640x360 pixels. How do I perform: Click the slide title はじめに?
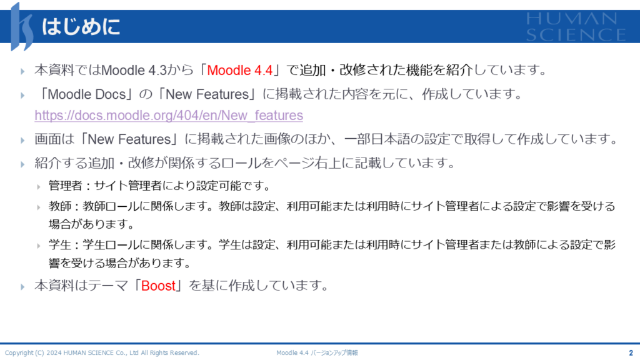(81, 26)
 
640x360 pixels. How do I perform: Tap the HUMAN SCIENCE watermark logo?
(576, 26)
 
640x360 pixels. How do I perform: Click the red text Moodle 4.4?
(239, 70)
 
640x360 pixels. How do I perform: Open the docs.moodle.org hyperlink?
(169, 116)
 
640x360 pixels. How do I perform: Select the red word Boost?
(158, 286)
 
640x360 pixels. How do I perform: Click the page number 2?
(631, 352)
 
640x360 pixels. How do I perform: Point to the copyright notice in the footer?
(102, 352)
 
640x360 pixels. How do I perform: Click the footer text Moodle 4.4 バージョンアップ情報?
(317, 352)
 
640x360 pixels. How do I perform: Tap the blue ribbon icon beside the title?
(22, 27)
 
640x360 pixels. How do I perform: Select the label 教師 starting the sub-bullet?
(60, 206)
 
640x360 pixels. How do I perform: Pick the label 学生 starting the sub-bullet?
(60, 245)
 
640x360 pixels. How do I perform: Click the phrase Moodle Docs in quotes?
(87, 94)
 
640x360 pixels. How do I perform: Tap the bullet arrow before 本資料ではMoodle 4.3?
(22, 71)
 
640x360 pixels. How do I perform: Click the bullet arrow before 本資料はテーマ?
(22, 287)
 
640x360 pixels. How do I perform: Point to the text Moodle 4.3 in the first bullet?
(134, 70)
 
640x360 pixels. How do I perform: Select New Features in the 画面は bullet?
(129, 139)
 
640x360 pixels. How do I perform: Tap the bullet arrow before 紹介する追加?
(22, 164)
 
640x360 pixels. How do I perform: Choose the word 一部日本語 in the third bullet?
(377, 139)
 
